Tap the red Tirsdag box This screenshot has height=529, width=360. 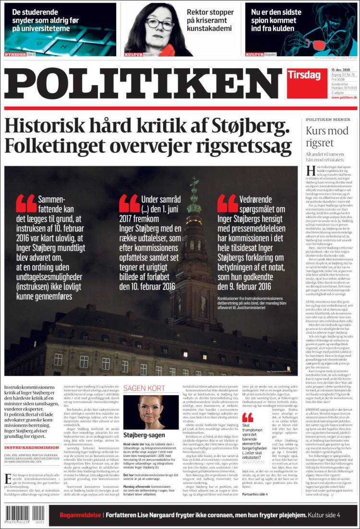click(x=303, y=75)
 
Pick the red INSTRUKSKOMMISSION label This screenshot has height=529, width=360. click(x=32, y=447)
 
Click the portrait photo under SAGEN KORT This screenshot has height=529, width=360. click(x=151, y=412)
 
